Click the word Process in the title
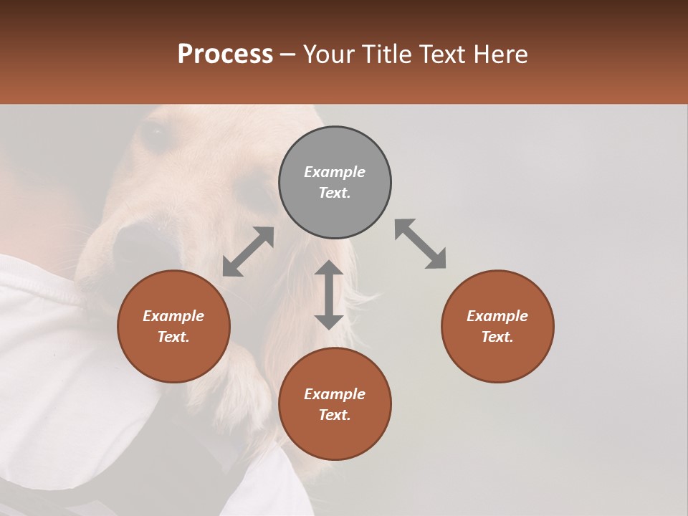point(225,54)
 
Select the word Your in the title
point(330,54)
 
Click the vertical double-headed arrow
point(329,295)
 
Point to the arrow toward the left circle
point(248,252)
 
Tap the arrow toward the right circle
point(421,244)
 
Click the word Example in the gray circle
point(335,172)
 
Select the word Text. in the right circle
point(497,337)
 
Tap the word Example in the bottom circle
point(335,394)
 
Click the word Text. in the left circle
point(173,337)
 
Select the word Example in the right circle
point(497,316)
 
